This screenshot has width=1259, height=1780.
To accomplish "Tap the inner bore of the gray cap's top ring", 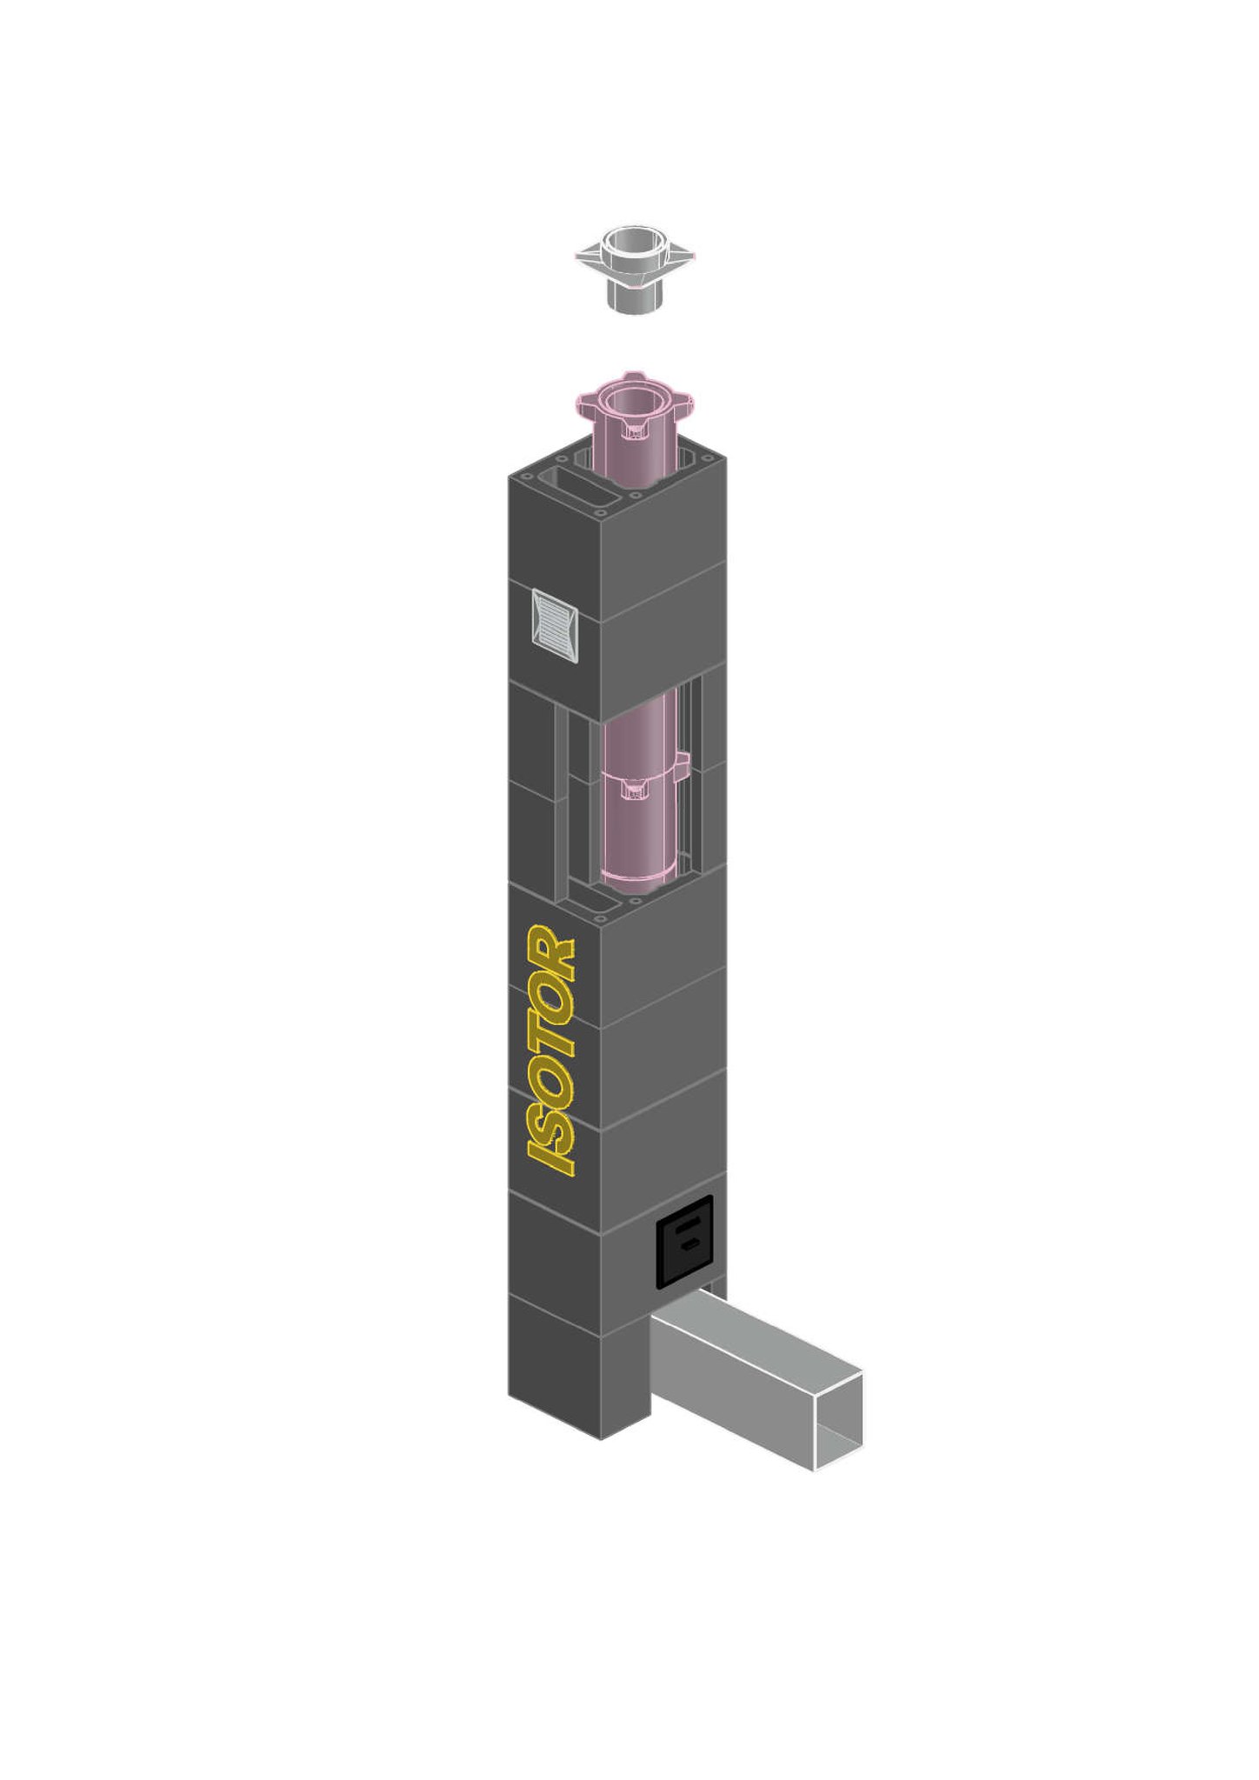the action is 634,239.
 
